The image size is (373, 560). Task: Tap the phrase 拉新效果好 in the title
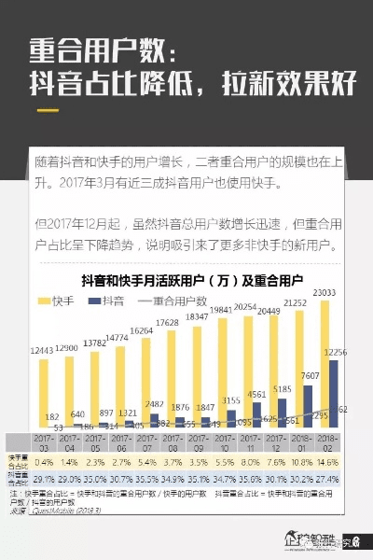[290, 84]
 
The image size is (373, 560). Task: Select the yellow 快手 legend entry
[54, 301]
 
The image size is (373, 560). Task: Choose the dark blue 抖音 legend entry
[106, 301]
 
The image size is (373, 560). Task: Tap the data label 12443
[43, 350]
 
